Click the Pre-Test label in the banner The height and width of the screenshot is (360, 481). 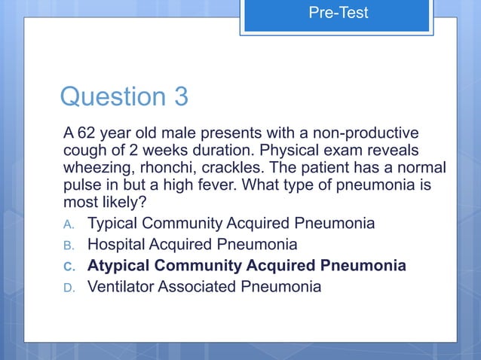point(338,13)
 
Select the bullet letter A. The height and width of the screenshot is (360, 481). point(67,224)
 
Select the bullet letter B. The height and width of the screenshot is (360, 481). point(67,246)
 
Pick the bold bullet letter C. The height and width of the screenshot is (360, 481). point(67,267)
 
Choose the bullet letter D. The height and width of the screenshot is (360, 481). point(67,288)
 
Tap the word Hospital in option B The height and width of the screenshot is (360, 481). point(120,245)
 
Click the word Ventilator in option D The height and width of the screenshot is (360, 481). point(123,287)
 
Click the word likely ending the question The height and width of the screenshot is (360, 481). point(126,203)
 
